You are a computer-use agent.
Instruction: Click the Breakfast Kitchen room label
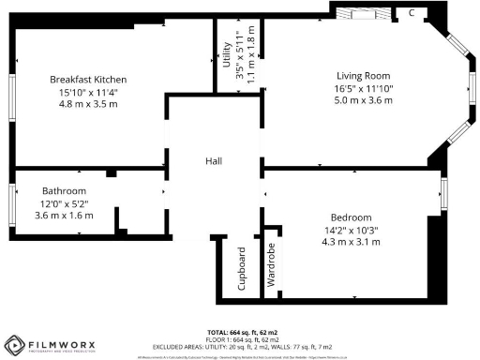88,80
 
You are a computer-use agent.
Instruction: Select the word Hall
214,161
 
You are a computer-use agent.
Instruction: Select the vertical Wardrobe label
271,264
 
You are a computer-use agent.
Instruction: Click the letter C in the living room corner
412,12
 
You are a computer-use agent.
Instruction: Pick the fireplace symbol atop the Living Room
360,13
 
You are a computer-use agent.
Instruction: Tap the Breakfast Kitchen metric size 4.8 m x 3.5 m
88,104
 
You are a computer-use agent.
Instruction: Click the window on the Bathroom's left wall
11,204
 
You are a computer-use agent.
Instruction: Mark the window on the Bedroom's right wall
442,192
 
